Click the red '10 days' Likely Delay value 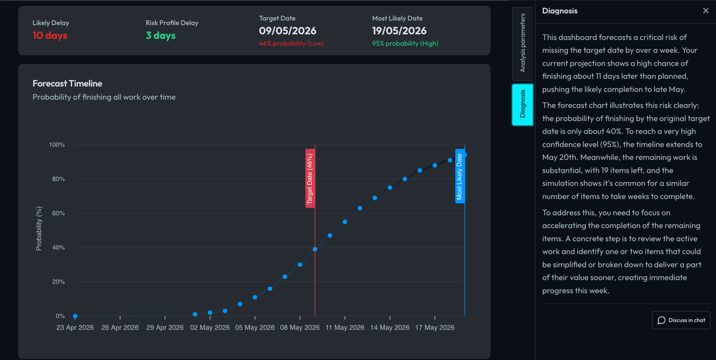50,36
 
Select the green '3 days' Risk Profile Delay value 160,36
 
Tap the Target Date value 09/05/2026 287,31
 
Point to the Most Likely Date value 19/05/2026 399,31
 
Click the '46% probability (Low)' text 291,44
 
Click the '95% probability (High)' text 405,44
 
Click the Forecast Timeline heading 67,84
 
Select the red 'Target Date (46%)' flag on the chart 310,178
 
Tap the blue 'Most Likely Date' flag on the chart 459,176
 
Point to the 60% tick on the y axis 58,213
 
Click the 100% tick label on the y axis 57,145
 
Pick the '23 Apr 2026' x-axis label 75,328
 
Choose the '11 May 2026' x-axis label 345,328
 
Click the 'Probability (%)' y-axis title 39,228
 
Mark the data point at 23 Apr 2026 75,316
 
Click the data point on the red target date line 315,249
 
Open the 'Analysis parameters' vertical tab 523,43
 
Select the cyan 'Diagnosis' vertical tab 523,105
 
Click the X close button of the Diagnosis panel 705,11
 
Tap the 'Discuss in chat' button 681,320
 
